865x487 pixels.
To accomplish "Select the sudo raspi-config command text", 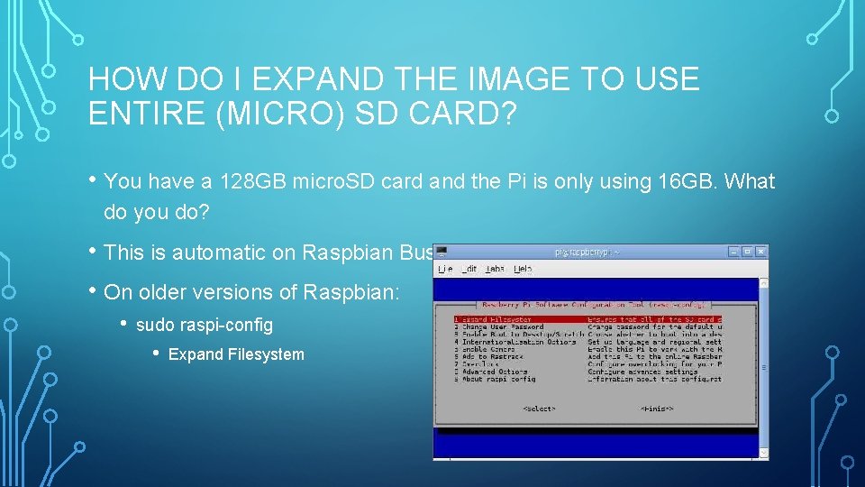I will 204,325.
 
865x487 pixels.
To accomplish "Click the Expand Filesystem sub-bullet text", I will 236,354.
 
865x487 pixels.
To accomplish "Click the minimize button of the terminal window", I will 735,252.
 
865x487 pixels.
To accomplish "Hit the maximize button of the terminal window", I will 749,252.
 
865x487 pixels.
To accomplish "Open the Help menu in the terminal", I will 523,269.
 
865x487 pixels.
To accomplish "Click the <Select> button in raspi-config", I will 539,409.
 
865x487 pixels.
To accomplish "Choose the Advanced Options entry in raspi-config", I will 495,372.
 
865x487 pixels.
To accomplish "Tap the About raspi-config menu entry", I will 496,380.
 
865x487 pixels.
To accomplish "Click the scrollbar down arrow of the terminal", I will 763,453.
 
